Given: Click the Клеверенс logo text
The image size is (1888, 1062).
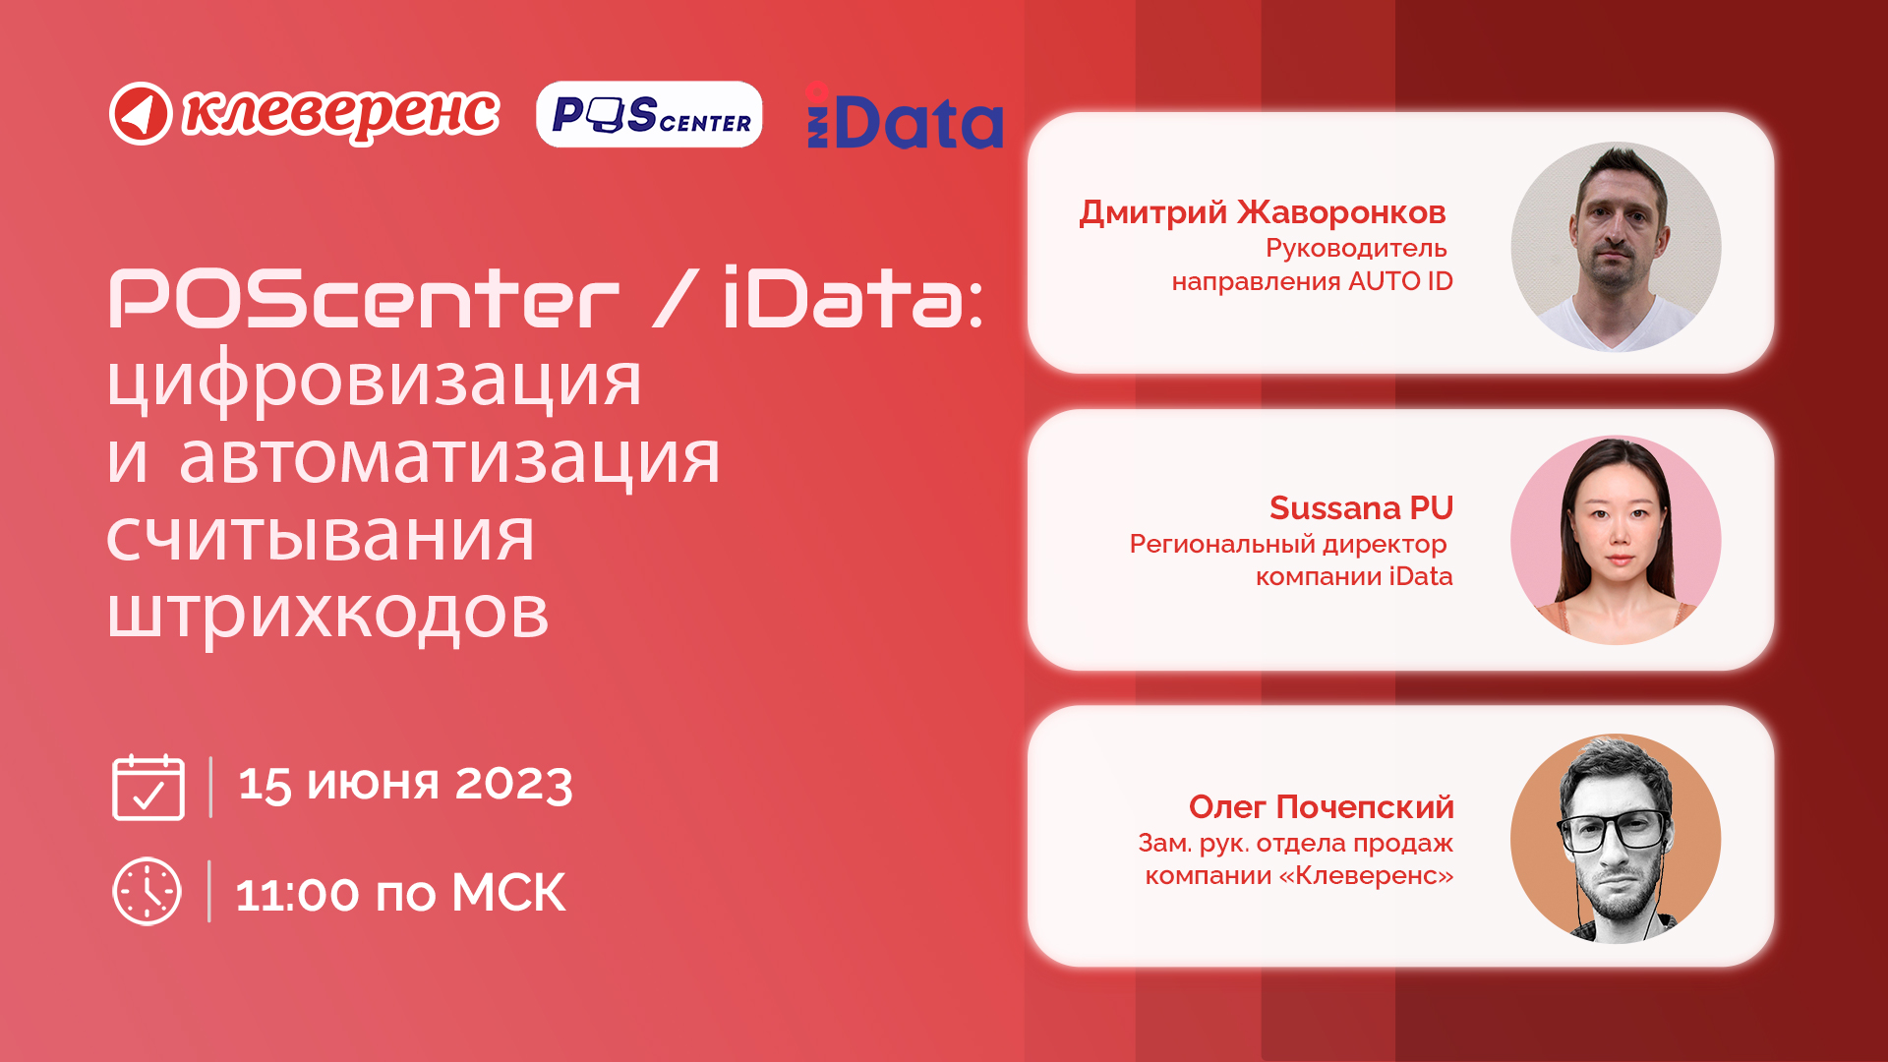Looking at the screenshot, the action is point(341,114).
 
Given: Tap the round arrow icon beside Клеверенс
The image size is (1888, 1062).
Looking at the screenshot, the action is point(141,114).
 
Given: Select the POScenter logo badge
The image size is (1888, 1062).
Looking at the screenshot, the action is point(649,114).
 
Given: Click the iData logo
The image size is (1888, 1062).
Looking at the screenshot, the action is point(905,116).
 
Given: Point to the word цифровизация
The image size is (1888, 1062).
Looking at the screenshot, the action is point(375,382).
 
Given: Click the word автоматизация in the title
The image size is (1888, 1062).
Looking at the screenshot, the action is point(449,458).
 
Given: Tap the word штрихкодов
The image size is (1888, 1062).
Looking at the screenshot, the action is point(327,614).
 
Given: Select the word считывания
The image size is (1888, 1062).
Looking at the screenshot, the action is point(321,537).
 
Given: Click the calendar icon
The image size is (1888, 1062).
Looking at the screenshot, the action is point(148,787).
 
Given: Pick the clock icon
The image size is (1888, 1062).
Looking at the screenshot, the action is point(147,892).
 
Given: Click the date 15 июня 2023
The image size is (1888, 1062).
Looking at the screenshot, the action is point(405,784).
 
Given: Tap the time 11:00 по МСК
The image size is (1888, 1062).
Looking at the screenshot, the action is point(400,894).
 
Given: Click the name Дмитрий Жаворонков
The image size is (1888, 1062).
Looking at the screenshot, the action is point(1263,212).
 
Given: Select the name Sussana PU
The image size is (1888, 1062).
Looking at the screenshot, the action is point(1361,507).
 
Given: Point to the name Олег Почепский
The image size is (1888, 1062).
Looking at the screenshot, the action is point(1321,806).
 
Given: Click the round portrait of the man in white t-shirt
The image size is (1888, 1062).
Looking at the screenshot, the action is point(1616,247).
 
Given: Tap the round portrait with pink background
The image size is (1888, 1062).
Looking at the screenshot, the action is point(1616,540).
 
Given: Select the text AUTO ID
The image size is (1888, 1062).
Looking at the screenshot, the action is point(1400,281).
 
